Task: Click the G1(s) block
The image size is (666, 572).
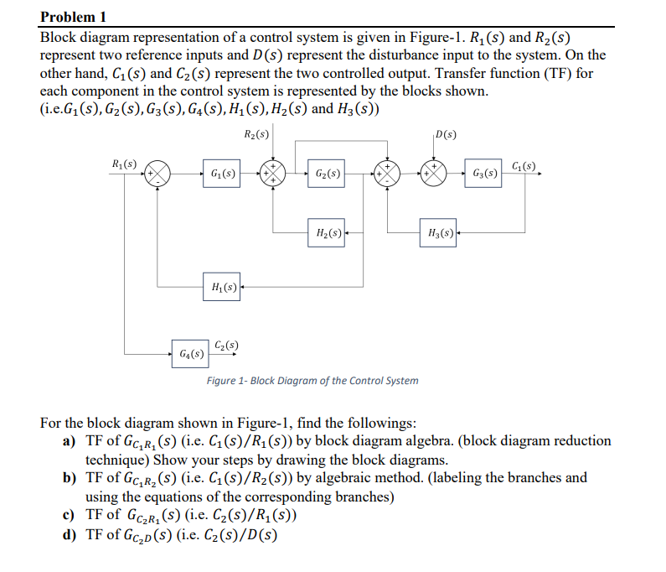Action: (x=222, y=174)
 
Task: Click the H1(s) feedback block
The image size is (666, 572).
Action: (x=222, y=289)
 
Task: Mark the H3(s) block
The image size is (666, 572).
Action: (x=440, y=232)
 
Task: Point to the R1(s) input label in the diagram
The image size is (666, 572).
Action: (x=126, y=164)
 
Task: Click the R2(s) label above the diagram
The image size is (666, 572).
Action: (x=256, y=134)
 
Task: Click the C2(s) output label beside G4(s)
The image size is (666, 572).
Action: (x=226, y=344)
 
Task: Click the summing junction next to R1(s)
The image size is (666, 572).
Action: (x=157, y=174)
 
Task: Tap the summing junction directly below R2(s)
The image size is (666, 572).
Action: (x=273, y=174)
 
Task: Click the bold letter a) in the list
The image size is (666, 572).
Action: (x=70, y=441)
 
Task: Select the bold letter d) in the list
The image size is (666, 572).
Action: (x=70, y=534)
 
